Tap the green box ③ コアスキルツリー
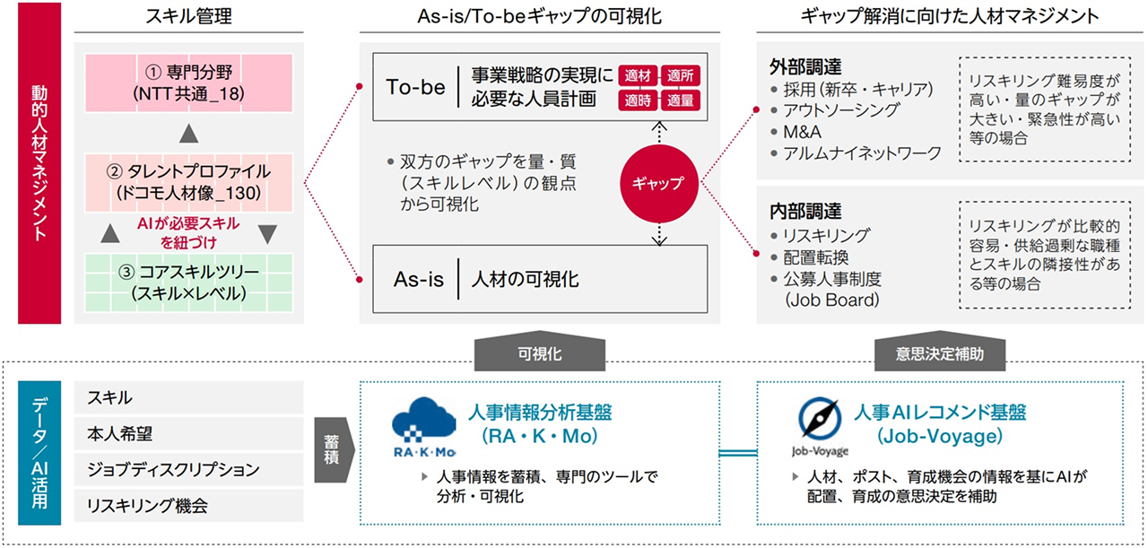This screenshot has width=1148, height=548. tap(188, 281)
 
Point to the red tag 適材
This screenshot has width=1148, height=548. tap(637, 77)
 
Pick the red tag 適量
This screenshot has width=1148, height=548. tap(683, 100)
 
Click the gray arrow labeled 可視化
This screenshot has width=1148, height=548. tap(540, 352)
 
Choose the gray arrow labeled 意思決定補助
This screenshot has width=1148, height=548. tap(940, 352)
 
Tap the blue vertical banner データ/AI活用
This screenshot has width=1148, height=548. tap(39, 452)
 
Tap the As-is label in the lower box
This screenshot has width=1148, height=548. tap(419, 279)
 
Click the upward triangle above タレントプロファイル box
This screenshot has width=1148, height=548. tap(188, 133)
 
